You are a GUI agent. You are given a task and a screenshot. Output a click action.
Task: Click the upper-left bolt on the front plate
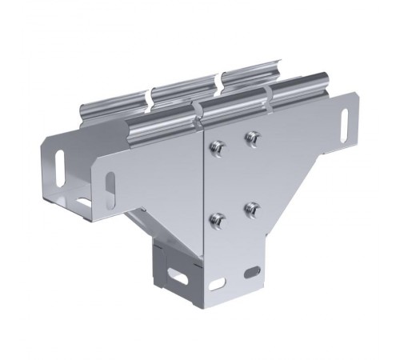[217, 146]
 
